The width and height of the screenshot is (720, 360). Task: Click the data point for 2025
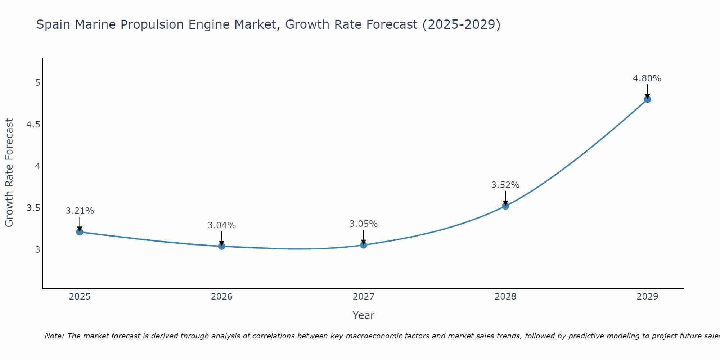tap(80, 232)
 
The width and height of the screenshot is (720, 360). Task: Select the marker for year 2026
tap(222, 246)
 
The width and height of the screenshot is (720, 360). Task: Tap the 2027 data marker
tap(364, 245)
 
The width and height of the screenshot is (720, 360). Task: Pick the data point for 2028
tap(505, 206)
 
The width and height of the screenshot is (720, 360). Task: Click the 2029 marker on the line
tap(647, 99)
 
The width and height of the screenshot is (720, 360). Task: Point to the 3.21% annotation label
tap(80, 211)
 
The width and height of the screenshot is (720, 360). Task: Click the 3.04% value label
tap(222, 225)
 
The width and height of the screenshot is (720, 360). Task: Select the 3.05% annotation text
tap(364, 224)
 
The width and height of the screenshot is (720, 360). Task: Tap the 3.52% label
tap(505, 185)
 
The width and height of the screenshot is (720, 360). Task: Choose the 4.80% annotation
tap(647, 78)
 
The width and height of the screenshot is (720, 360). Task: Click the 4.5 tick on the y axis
tap(33, 125)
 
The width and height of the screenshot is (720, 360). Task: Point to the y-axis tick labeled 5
tap(37, 83)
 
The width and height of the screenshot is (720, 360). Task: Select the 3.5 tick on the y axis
tap(33, 208)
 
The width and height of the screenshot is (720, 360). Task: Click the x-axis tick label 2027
tap(364, 297)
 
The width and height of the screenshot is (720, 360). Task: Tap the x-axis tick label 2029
tap(647, 297)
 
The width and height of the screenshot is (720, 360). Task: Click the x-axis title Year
tap(364, 315)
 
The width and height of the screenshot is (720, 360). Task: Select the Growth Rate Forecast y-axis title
tap(9, 173)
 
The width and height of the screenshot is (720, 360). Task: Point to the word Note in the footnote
tap(54, 336)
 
